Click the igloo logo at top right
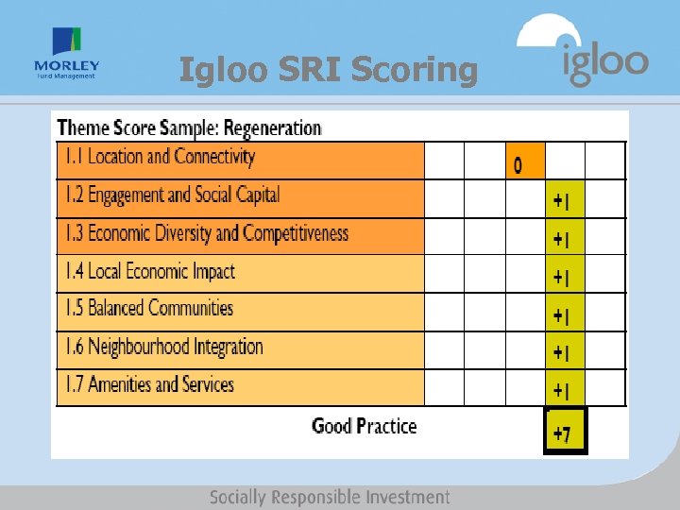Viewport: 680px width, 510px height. pos(584,52)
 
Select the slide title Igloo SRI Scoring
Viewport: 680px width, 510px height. pos(329,70)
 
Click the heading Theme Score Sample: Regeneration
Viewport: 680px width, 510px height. pos(189,127)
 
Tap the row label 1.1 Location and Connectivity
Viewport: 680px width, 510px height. pos(160,158)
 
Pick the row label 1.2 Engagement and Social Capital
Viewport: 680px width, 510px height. pos(172,195)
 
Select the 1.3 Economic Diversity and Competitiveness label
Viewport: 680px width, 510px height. pos(206,233)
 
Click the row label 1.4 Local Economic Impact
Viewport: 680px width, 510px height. pos(149,272)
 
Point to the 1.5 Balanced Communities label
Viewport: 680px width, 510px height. pos(148,309)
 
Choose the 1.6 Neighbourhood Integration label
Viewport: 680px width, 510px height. pos(163,347)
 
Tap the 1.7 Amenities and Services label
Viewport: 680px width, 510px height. pos(149,384)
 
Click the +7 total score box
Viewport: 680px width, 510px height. pos(565,432)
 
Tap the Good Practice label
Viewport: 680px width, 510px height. pos(364,426)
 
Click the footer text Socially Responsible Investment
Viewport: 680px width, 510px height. pos(330,497)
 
